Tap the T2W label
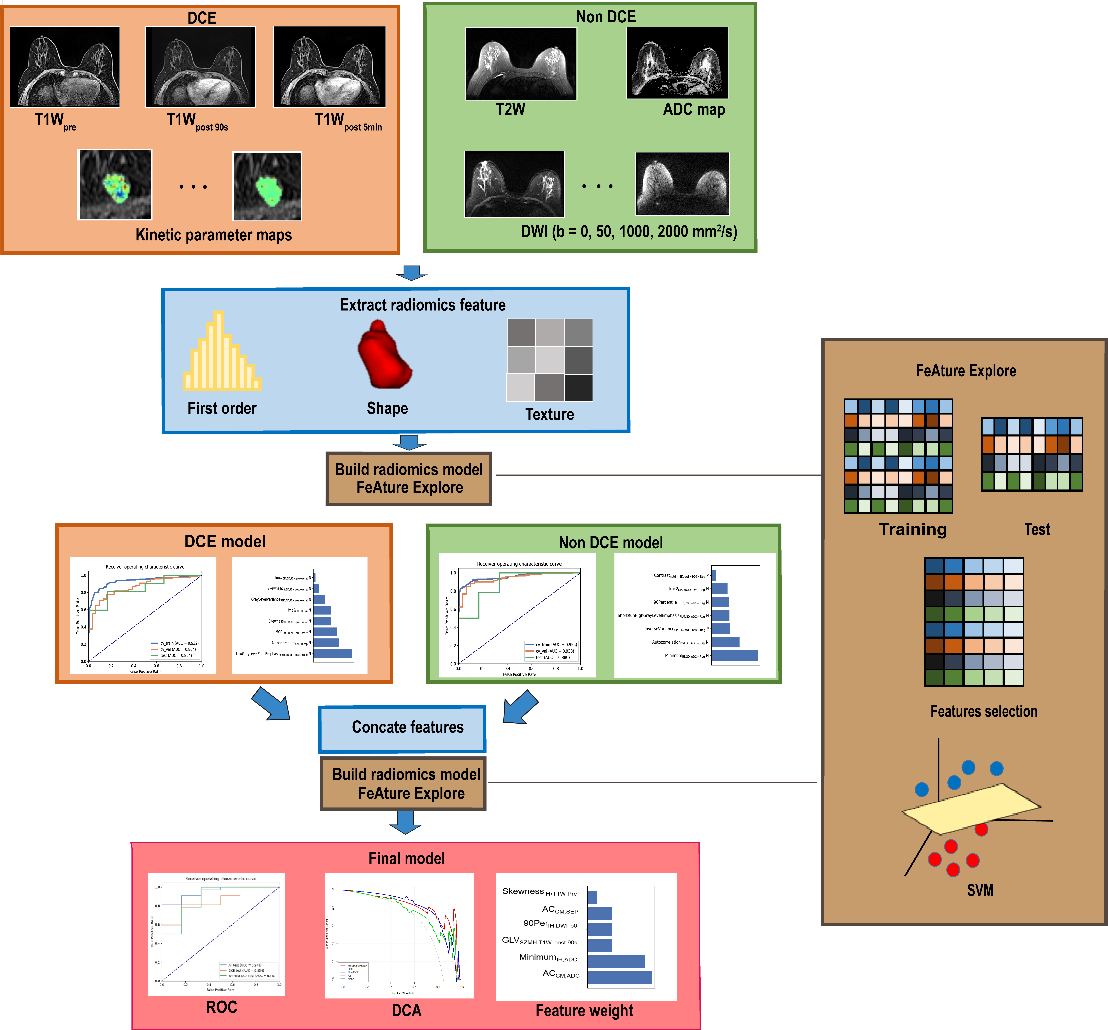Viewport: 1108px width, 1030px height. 511,109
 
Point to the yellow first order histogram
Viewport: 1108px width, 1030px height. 221,354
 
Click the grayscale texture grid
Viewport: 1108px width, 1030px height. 550,360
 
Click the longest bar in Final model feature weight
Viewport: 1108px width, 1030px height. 619,977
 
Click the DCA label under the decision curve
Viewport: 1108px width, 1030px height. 406,1010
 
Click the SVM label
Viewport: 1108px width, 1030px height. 980,890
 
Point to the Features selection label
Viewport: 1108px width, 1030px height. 984,711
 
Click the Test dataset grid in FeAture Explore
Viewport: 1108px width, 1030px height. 1032,454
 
